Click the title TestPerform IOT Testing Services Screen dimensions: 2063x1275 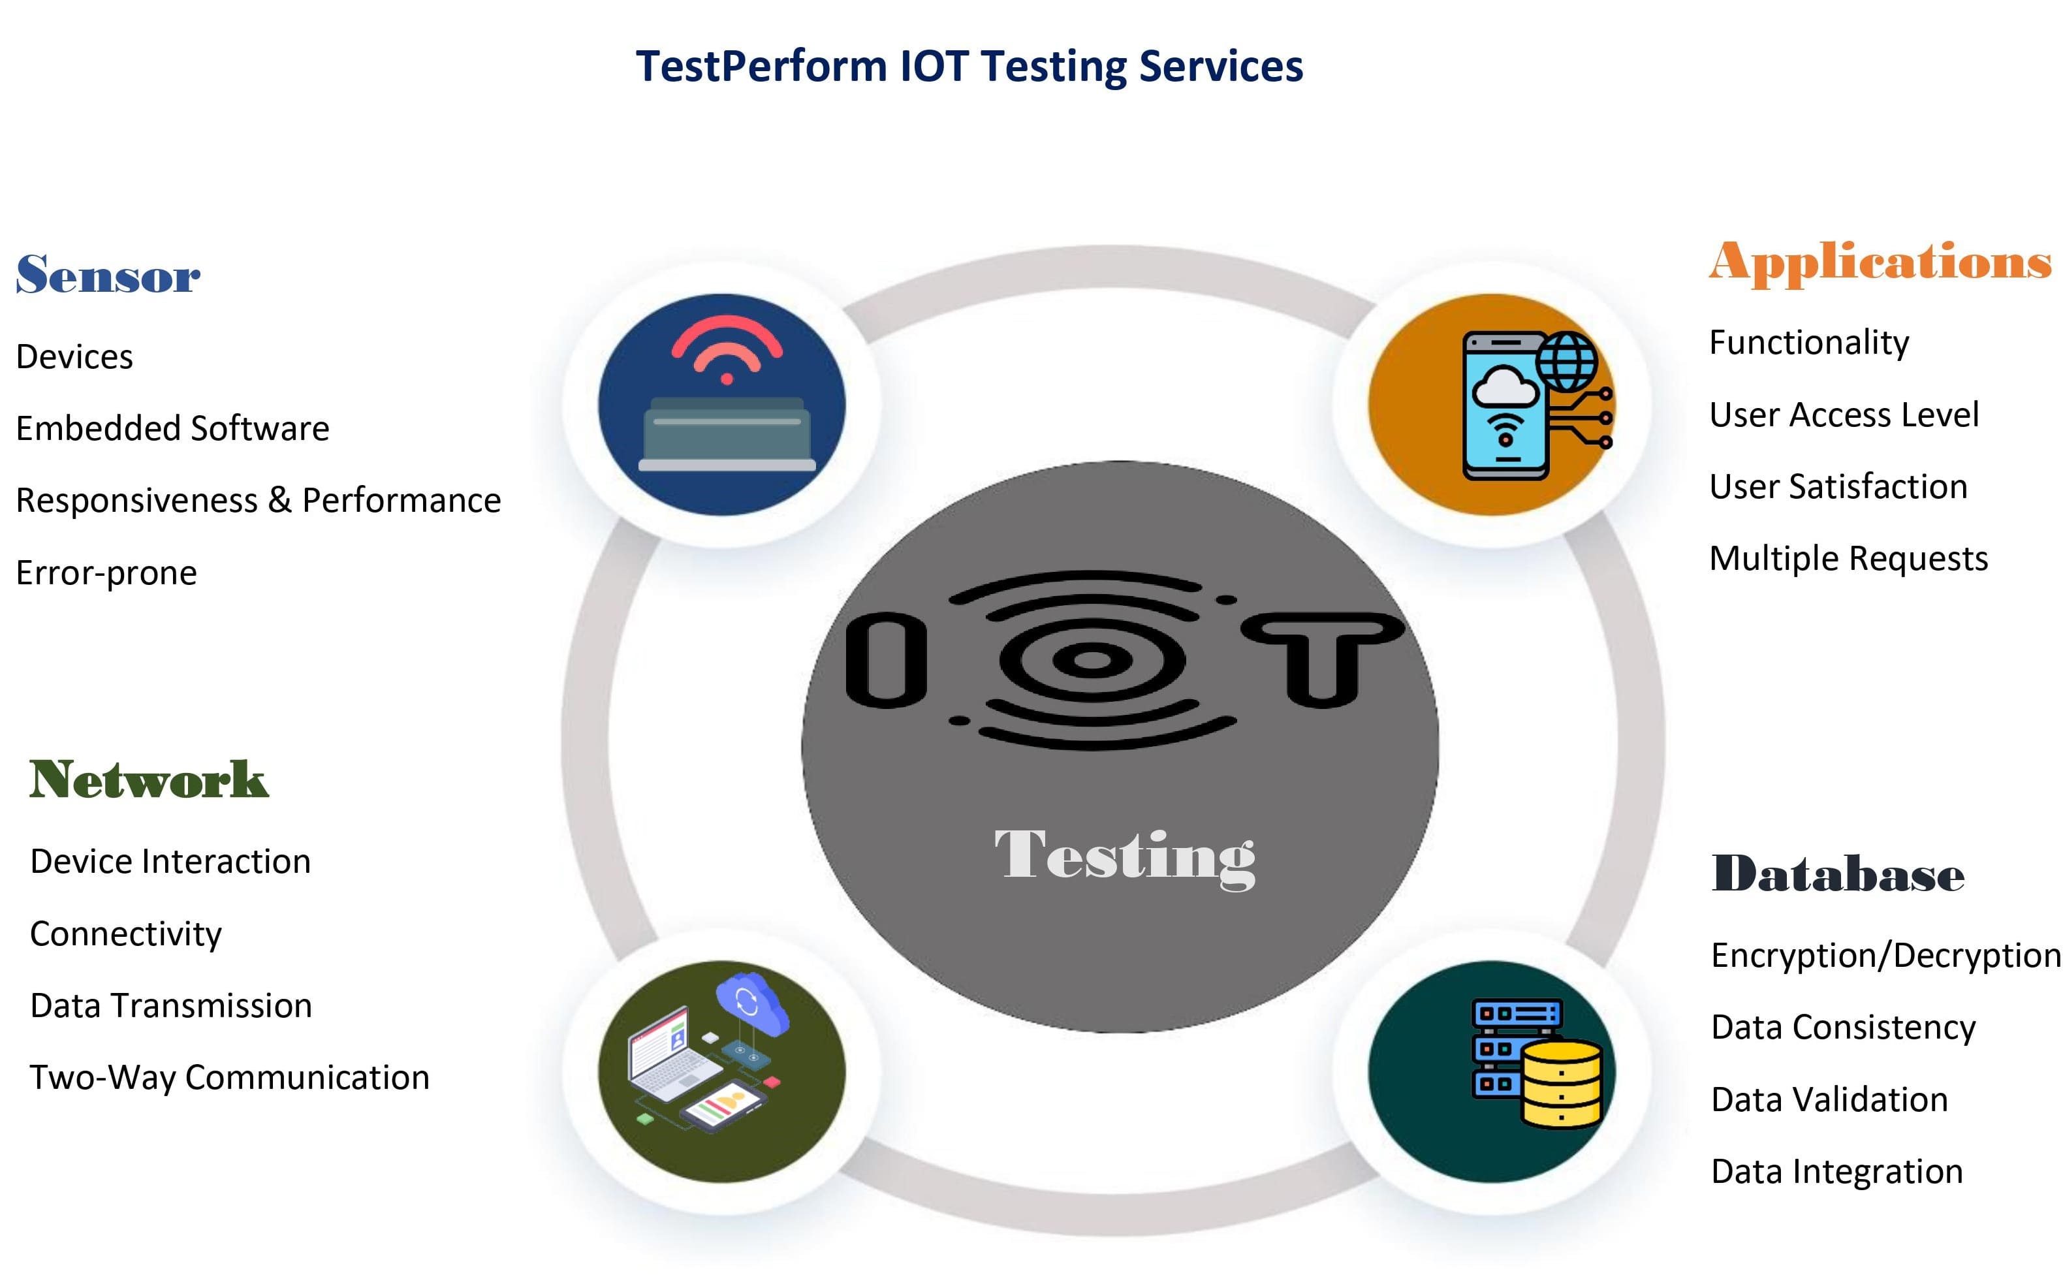pos(969,67)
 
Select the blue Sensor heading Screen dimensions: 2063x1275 pos(108,274)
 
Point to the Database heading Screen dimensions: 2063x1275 pos(1838,873)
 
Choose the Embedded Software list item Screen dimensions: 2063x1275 pos(173,428)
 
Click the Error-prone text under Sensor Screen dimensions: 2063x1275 pos(106,573)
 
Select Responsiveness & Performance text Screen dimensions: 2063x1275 pos(258,501)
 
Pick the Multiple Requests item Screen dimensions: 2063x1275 pos(1849,559)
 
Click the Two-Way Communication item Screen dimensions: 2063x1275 pos(229,1078)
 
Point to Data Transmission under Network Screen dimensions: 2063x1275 pos(171,1006)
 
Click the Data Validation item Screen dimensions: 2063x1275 pos(1829,1099)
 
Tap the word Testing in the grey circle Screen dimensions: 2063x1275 pos(1126,858)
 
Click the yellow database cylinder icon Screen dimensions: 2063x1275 pos(1562,1084)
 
